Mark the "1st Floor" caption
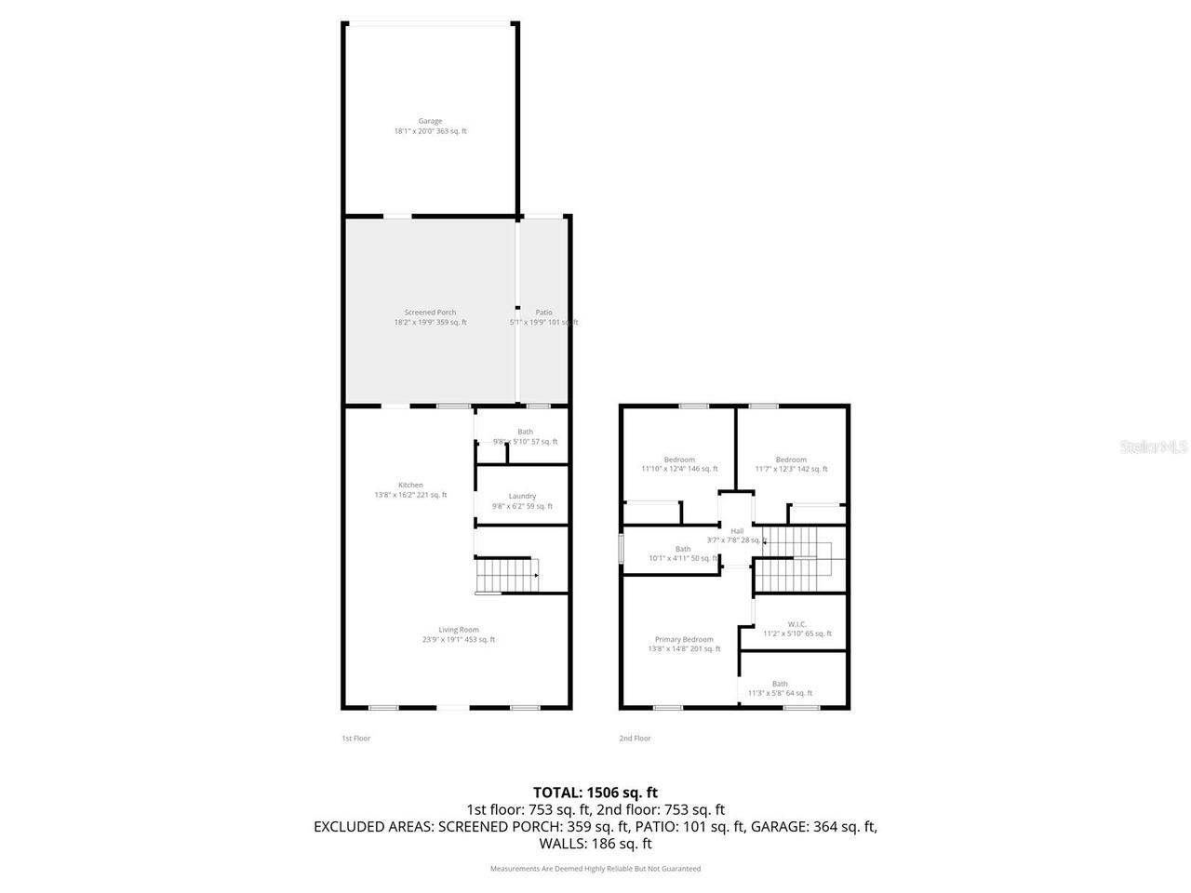tap(355, 739)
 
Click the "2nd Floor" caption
tap(636, 739)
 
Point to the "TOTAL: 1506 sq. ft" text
tap(595, 793)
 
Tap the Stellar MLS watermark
tap(1154, 446)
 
